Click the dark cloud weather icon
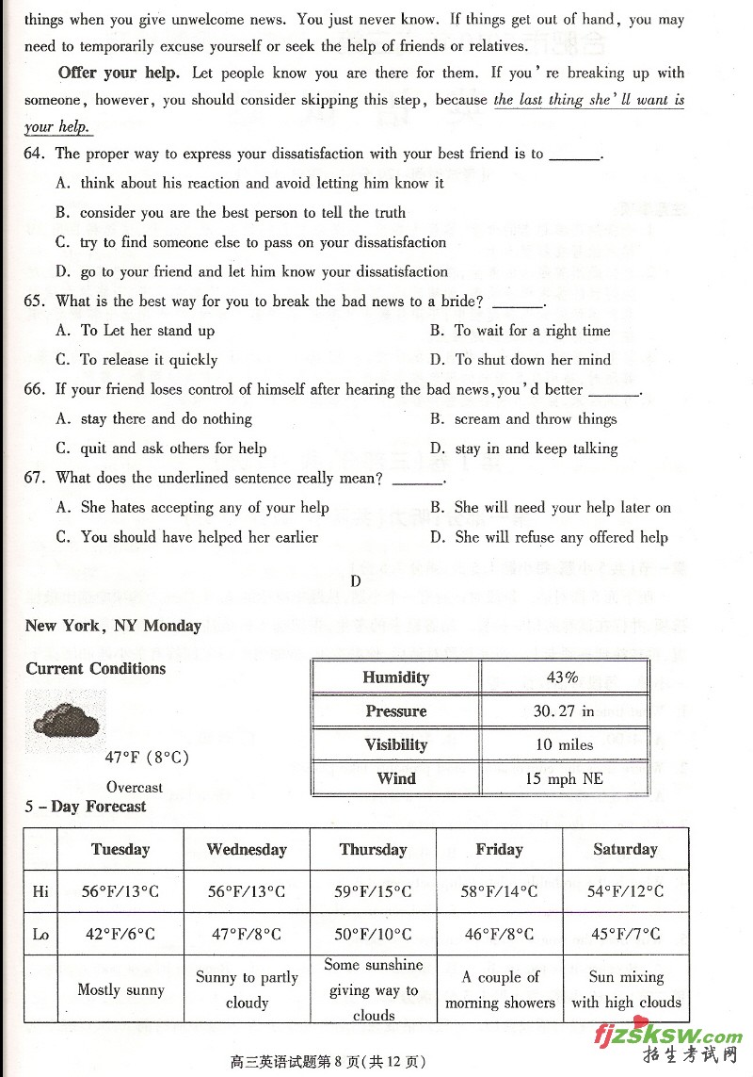click(66, 722)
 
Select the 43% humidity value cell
click(563, 677)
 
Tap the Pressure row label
click(396, 711)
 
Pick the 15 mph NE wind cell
click(564, 778)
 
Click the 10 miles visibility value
click(564, 744)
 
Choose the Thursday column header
click(374, 849)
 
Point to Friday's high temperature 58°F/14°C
click(499, 891)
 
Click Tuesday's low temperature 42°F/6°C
click(120, 935)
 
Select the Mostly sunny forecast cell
click(120, 989)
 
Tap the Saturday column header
click(625, 849)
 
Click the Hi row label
click(40, 891)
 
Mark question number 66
click(34, 389)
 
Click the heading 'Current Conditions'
click(95, 669)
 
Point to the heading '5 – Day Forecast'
click(86, 807)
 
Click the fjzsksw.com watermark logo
click(668, 1036)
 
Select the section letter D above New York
click(356, 581)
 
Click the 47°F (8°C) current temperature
click(147, 757)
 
